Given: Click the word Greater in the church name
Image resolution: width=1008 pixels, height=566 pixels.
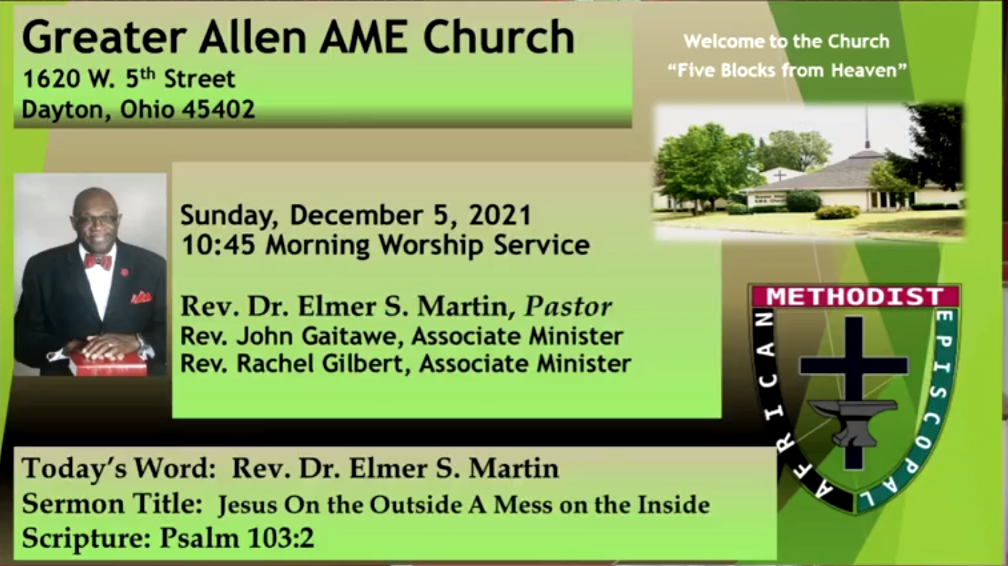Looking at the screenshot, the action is click(x=104, y=37).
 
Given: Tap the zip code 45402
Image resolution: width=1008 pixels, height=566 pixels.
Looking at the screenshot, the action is click(x=219, y=110).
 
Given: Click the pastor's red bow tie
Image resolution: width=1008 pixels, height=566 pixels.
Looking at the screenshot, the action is click(x=98, y=262).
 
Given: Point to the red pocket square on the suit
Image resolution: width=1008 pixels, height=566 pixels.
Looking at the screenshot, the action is click(x=141, y=297).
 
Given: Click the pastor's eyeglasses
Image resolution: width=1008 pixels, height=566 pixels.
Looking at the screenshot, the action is click(x=97, y=221).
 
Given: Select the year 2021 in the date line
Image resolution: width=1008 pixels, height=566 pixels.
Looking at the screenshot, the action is click(x=500, y=215).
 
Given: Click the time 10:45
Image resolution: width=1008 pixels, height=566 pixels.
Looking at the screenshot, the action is click(x=218, y=246).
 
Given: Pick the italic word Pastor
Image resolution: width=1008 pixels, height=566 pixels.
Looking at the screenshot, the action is click(x=568, y=307).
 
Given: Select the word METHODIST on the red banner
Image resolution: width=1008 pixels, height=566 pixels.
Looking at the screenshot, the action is click(x=855, y=297).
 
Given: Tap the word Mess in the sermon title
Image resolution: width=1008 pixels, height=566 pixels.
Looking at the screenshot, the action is click(x=523, y=505).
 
